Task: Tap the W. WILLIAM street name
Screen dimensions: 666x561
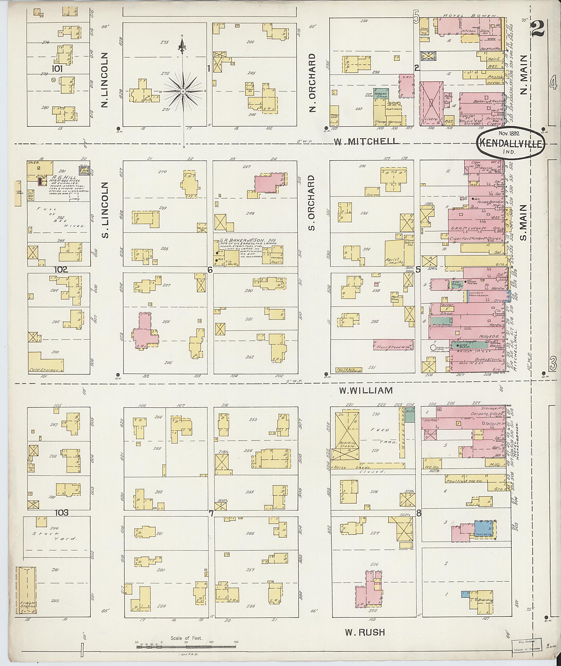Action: pyautogui.click(x=365, y=390)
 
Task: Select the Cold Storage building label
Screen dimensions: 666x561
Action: pyautogui.click(x=46, y=370)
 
